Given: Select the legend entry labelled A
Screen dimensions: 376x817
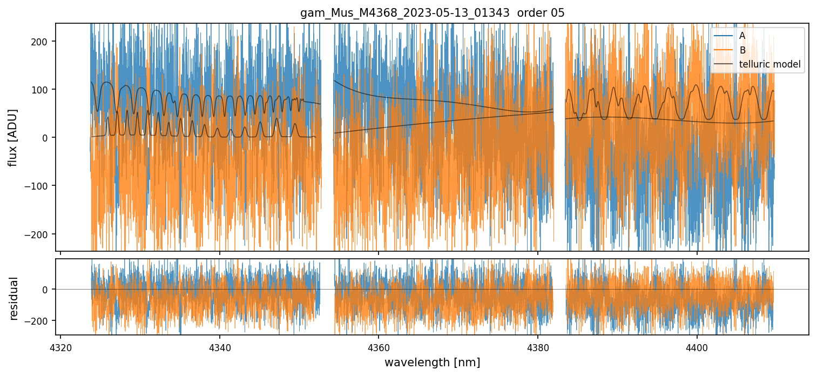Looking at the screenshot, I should coord(742,36).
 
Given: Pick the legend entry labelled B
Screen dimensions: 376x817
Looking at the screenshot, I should coord(742,50).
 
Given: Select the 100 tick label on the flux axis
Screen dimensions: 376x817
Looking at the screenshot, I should coord(42,89).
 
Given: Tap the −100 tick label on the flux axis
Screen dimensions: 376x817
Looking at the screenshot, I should coord(39,186).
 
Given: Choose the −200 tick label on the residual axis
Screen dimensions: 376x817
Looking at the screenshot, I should coord(39,321).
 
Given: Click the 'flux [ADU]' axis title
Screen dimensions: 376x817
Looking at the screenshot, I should coord(13,137).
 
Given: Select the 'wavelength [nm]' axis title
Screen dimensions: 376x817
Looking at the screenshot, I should coord(432,362).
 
